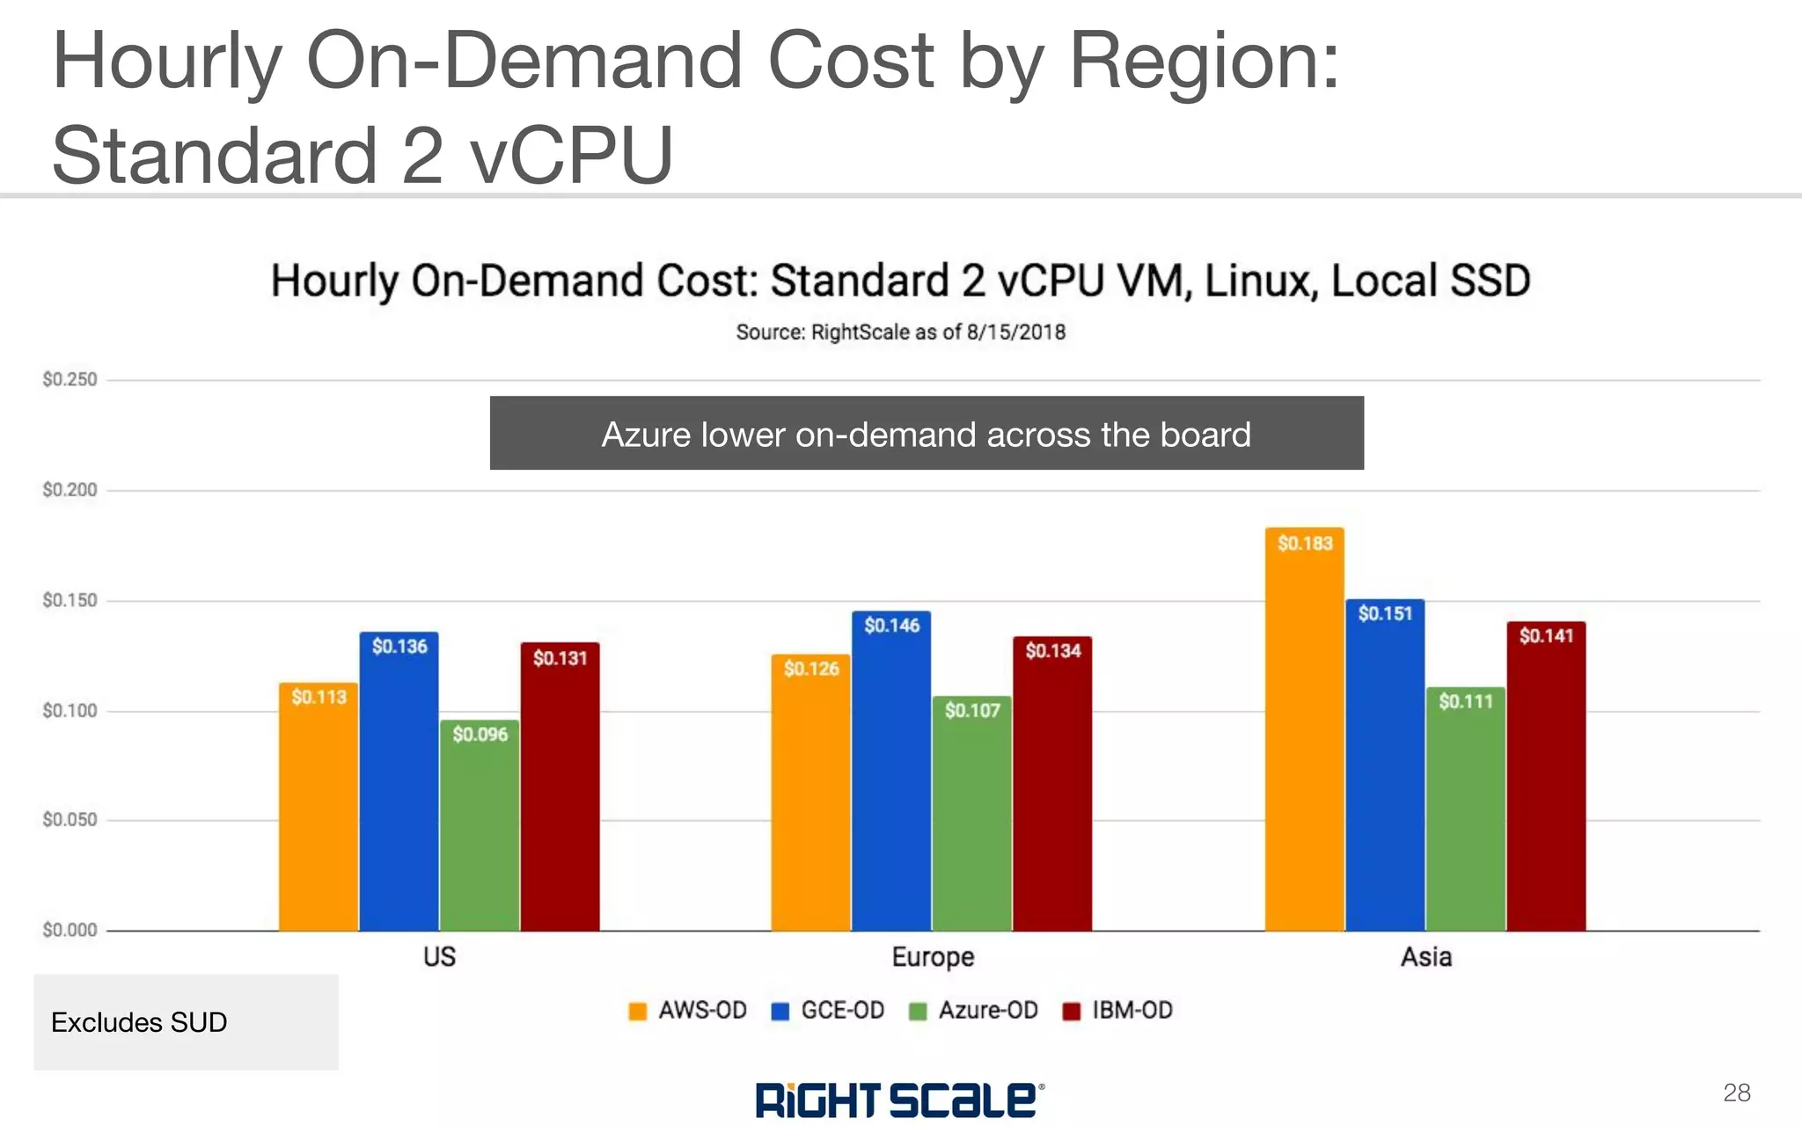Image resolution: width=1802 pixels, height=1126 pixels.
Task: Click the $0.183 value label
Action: [x=1305, y=544]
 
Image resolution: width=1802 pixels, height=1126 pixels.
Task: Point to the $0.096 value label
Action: [x=480, y=735]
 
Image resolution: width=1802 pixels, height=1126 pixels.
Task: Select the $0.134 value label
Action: [x=1052, y=651]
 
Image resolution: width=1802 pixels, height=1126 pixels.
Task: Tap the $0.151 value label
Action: [x=1385, y=614]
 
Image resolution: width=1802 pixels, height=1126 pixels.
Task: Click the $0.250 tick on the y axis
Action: [x=70, y=380]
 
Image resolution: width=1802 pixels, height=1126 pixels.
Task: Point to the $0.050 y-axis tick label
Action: [x=70, y=820]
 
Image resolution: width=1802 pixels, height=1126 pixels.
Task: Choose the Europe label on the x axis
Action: [x=933, y=957]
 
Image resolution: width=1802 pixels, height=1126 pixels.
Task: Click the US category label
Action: [x=439, y=957]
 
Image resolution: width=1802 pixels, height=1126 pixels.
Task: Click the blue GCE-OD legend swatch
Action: [x=780, y=1012]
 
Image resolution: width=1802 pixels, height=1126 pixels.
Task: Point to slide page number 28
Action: [x=1736, y=1093]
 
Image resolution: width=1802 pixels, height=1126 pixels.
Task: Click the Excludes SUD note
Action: [x=139, y=1022]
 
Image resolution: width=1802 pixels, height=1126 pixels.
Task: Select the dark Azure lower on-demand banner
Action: [x=926, y=434]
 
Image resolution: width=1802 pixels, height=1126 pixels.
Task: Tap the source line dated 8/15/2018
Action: [x=900, y=333]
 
